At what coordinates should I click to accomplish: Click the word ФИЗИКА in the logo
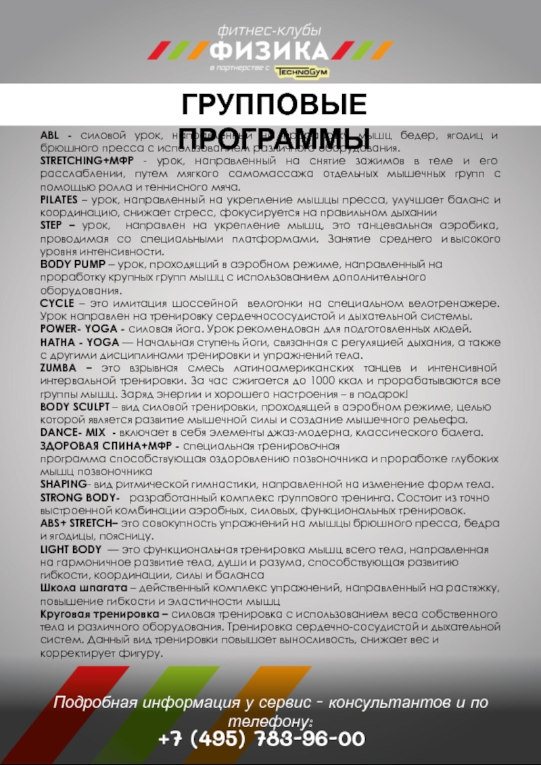click(270, 50)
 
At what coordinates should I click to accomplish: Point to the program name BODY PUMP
click(72, 264)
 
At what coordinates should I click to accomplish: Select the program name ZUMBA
click(60, 368)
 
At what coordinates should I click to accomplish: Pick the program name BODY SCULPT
click(74, 407)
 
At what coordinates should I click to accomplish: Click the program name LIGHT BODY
click(70, 549)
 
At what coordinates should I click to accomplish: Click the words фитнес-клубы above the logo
click(269, 30)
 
